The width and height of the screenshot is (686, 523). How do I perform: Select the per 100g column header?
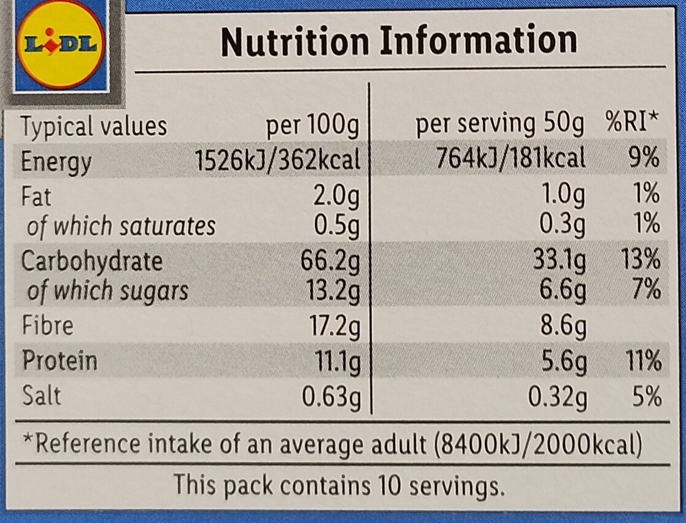point(312,126)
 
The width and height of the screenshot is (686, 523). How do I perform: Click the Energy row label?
point(56,162)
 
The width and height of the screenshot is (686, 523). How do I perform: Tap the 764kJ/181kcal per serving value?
point(511,159)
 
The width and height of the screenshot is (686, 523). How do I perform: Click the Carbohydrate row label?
point(92,261)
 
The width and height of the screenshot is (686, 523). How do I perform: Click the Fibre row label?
point(48,325)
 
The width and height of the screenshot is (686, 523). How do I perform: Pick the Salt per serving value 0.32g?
point(557,398)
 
